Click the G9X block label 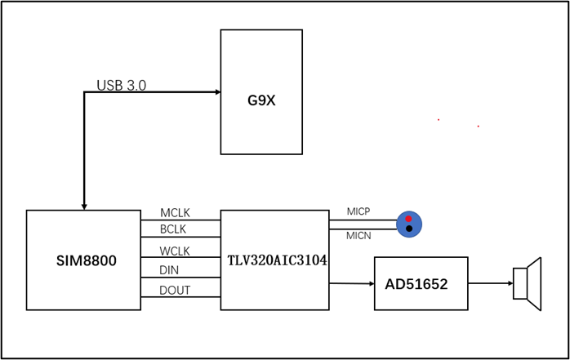[261, 102]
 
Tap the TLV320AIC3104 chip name [276, 261]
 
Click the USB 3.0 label [122, 85]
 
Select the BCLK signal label [174, 229]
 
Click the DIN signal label [171, 269]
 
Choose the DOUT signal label [175, 290]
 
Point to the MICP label [358, 211]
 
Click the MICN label [358, 236]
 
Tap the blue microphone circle [408, 223]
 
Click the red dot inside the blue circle [408, 218]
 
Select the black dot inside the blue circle [408, 229]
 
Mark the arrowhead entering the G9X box [216, 92]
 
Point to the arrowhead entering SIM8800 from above [84, 206]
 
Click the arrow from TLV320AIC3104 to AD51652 [351, 283]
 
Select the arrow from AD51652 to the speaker [490, 283]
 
